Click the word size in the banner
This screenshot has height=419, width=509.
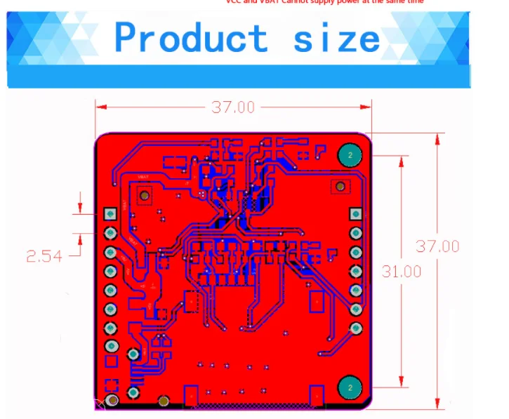tap(336, 39)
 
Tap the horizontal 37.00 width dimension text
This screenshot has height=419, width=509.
tap(233, 107)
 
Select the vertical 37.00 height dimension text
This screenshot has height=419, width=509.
tap(437, 246)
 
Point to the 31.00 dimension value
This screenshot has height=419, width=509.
tap(402, 272)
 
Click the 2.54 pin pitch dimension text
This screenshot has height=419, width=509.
tap(44, 256)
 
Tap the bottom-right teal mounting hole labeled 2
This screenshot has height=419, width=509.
tap(349, 387)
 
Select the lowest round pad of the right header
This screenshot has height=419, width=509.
tap(356, 328)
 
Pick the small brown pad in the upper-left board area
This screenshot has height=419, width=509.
tap(145, 194)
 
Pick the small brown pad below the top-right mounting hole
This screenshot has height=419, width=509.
tap(341, 186)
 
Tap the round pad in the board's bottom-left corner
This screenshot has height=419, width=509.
tap(112, 401)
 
